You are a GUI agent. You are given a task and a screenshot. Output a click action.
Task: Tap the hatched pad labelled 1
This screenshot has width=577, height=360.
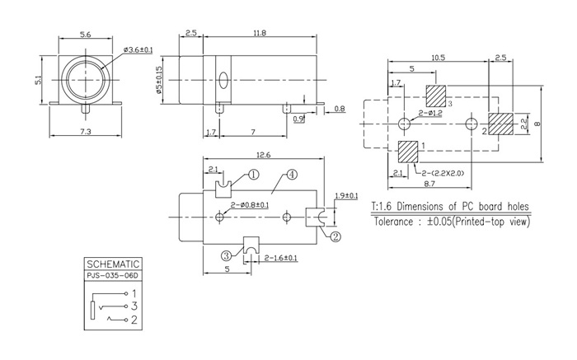pyautogui.click(x=408, y=152)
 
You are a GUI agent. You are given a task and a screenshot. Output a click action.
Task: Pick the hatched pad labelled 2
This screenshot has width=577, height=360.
pyautogui.click(x=500, y=124)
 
